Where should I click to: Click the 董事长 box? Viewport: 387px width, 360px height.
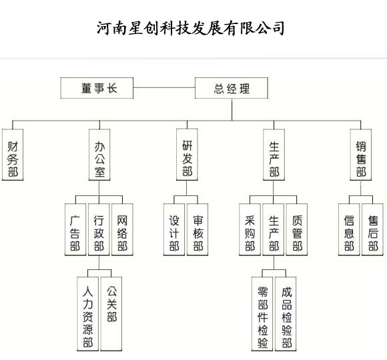[97, 88]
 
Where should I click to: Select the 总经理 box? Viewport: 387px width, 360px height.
[232, 88]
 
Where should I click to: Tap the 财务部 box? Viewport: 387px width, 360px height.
[13, 155]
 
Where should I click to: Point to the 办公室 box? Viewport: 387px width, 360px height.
[99, 155]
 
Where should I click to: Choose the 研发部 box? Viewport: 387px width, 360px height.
[187, 155]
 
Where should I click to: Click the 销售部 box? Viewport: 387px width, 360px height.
[360, 155]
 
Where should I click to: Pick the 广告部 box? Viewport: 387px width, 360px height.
[75, 229]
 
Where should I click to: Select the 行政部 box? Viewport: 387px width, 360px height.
[99, 229]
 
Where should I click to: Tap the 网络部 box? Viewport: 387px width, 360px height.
[122, 229]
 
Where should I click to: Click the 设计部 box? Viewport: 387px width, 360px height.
[174, 229]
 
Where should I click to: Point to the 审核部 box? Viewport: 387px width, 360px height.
[198, 229]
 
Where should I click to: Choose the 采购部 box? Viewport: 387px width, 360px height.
[250, 229]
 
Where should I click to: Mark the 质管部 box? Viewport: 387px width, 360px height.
[297, 229]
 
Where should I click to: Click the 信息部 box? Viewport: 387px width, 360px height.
[349, 229]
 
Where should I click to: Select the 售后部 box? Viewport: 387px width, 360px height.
[372, 229]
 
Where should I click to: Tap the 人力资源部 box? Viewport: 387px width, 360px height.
[87, 314]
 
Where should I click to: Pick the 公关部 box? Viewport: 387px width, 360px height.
[111, 314]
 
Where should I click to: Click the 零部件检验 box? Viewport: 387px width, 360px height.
[262, 314]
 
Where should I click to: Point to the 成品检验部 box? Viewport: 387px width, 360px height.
[286, 314]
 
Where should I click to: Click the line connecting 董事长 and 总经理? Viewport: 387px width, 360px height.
[164, 87]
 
